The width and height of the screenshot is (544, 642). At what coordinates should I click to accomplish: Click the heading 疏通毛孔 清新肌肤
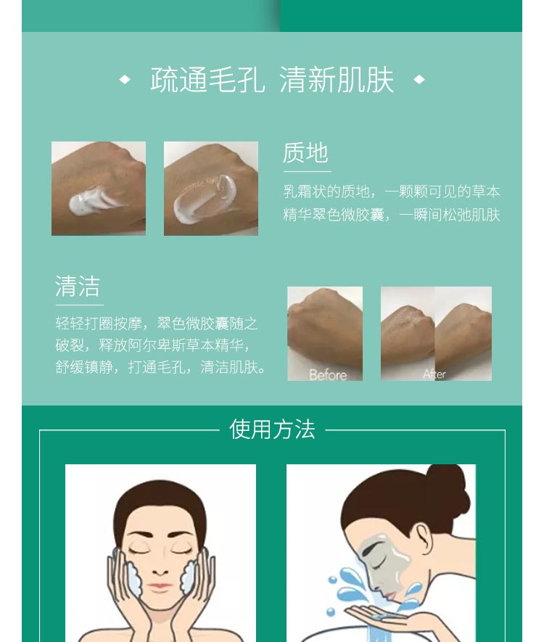tap(272, 80)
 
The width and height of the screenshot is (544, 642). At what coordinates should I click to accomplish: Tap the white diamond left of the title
tap(125, 80)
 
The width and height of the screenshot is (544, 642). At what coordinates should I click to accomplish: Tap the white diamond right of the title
tap(419, 80)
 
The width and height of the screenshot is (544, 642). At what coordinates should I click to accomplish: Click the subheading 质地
tap(305, 153)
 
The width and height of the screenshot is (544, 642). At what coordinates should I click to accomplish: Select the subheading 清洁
tap(78, 286)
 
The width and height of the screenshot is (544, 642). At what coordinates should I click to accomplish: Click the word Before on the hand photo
tap(327, 374)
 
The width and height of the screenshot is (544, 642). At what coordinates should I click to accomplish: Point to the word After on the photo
tap(434, 374)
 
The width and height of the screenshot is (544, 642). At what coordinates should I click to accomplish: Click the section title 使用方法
tap(272, 429)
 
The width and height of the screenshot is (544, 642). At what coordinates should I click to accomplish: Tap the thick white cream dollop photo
tap(99, 189)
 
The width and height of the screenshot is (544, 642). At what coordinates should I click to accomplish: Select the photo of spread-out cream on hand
tap(211, 189)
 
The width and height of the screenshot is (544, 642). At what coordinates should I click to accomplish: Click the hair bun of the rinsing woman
tap(442, 485)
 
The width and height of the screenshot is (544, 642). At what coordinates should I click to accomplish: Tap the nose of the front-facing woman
tap(161, 567)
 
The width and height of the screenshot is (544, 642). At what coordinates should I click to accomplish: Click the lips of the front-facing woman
tap(161, 586)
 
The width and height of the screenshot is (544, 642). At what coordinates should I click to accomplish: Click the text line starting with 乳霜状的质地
tap(392, 192)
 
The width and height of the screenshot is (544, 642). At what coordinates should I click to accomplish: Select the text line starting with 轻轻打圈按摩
tap(157, 324)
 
